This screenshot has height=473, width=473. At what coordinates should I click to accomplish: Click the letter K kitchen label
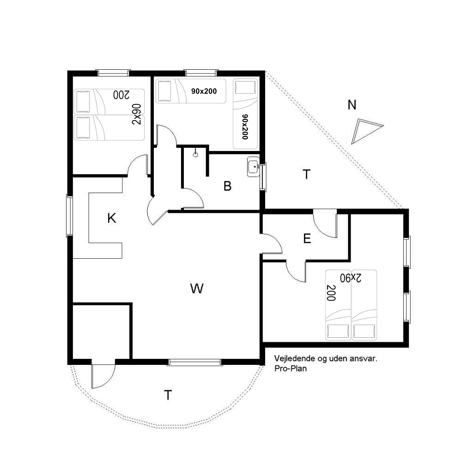pos(112,218)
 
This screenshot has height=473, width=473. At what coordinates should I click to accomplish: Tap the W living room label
pos(197,288)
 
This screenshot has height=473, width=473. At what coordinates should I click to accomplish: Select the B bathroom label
pos(227,186)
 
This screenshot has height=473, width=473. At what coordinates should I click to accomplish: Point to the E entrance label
pos(307,239)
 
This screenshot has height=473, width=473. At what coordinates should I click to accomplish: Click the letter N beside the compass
pos(352,105)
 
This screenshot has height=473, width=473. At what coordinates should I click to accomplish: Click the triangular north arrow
pos(365,130)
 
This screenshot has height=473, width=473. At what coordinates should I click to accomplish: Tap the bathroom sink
pos(253,166)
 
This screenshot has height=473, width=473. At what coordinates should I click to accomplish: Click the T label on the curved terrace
pos(168,395)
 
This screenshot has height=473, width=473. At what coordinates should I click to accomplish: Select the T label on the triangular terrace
pos(306,174)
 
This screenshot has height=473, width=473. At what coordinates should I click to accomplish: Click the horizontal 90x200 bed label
pos(204,91)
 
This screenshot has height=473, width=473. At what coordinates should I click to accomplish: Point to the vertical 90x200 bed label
pos(245,127)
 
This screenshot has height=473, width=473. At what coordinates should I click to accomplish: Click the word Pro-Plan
pos(291,368)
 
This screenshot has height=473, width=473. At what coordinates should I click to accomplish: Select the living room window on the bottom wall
pos(195,362)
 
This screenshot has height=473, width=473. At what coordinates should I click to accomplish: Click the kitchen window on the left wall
pos(69,216)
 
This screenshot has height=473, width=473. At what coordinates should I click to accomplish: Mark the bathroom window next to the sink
pos(263,177)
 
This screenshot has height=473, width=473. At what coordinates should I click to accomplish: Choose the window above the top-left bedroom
pos(113,73)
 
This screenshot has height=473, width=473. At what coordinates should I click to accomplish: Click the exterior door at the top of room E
pos(325,223)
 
